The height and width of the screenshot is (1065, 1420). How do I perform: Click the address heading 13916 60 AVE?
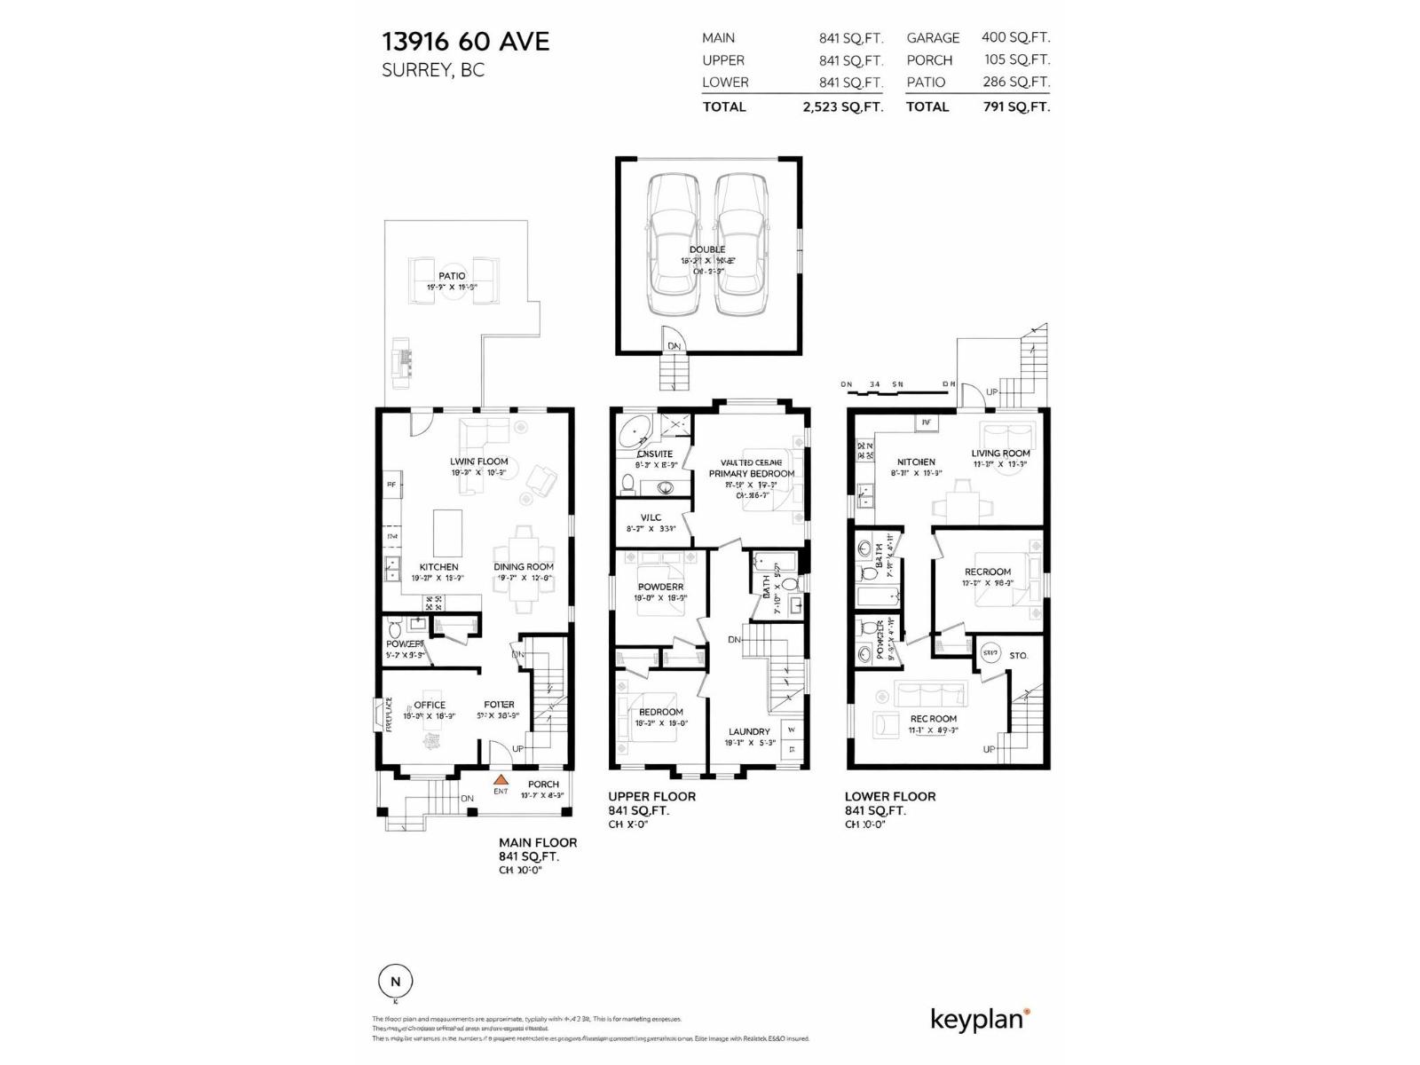tap(465, 42)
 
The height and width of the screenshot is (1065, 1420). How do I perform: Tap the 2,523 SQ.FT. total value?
tap(842, 106)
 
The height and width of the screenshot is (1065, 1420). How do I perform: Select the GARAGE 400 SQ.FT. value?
tap(1015, 37)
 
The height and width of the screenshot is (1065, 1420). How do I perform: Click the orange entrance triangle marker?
tap(501, 779)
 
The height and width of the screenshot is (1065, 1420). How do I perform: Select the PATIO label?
tap(452, 276)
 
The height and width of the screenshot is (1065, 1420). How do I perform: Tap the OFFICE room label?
tap(430, 705)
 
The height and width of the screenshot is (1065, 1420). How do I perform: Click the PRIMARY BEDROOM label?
tap(751, 474)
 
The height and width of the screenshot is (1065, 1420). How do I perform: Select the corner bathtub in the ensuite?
tap(635, 433)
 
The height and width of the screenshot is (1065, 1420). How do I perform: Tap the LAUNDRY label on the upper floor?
tap(748, 732)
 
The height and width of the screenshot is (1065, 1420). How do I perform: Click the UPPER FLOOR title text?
tap(651, 796)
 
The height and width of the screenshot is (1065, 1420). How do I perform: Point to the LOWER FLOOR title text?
tap(889, 796)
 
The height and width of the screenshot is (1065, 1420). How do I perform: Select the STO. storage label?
tap(1018, 655)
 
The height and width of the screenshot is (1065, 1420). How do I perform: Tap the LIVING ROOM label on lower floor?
tap(1000, 453)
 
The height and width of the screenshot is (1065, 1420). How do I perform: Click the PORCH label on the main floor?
tap(543, 784)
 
